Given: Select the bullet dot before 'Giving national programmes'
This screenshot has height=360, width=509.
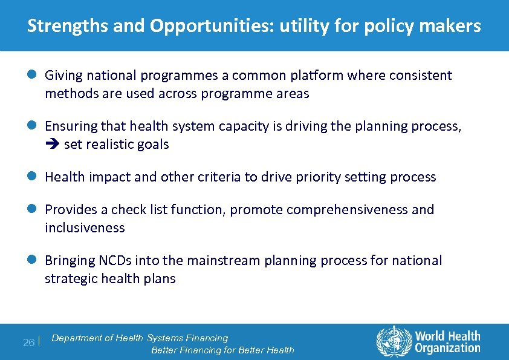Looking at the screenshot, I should [33, 76].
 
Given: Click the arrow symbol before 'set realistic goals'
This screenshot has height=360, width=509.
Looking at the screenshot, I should [51, 145].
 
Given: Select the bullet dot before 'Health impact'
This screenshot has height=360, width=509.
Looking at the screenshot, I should [33, 177].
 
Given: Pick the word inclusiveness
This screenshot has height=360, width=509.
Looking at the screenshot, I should [85, 228].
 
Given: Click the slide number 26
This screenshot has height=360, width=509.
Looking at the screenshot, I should [28, 342].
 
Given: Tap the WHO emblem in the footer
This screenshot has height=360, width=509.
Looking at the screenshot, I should [393, 342].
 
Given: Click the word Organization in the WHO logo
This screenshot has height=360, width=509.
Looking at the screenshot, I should [447, 348].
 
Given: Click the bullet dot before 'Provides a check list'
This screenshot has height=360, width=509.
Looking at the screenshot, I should [33, 209].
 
